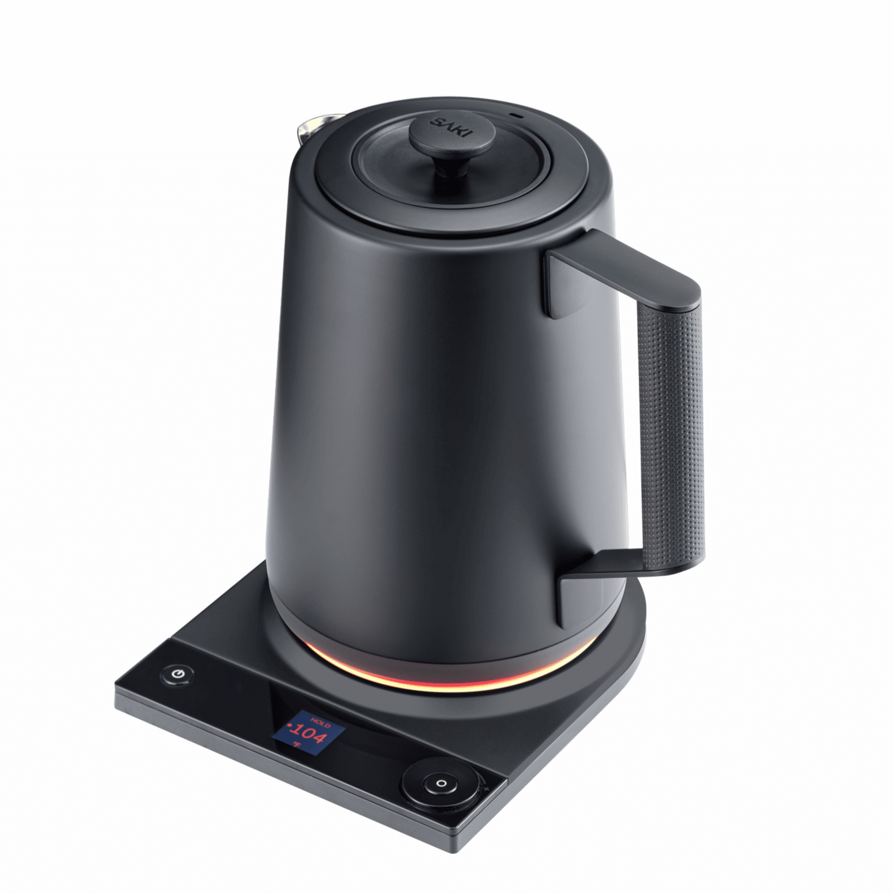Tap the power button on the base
tap(177, 674)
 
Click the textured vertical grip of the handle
tap(675, 433)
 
